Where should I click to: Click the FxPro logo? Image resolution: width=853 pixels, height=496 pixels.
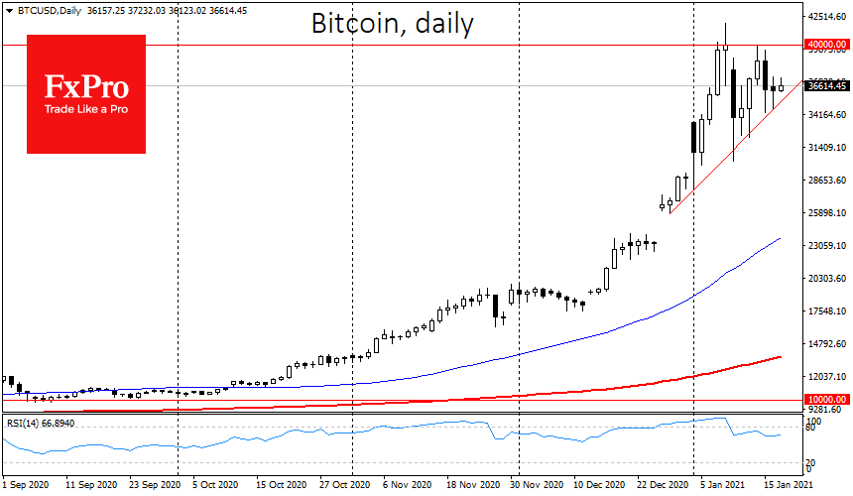[85, 93]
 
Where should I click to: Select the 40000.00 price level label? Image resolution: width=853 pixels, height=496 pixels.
[825, 45]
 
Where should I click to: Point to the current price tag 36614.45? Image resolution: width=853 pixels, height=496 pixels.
[825, 86]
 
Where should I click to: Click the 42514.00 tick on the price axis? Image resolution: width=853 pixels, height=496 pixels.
[825, 17]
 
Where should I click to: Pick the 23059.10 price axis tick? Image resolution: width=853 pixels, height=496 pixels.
[825, 246]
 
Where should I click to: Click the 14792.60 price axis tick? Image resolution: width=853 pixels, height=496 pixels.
[825, 344]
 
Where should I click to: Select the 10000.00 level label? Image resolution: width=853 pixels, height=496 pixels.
[825, 399]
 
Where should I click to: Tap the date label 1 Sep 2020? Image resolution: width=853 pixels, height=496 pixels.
[27, 487]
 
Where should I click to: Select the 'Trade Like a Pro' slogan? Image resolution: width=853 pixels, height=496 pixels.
[85, 108]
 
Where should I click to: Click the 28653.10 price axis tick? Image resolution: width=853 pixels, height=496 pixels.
[825, 181]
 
